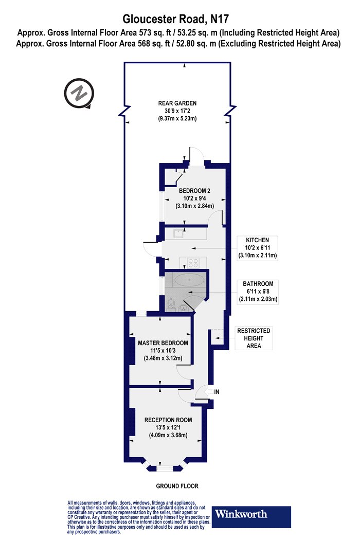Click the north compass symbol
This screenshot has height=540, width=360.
coord(79,93)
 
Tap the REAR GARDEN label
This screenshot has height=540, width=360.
coord(177,103)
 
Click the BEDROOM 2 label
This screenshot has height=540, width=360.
coord(194,191)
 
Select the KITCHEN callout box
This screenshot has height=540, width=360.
coord(257,248)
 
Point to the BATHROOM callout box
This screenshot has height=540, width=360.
coord(258,292)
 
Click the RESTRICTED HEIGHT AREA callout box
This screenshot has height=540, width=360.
coord(254,338)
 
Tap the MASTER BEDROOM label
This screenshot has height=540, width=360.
coord(163,343)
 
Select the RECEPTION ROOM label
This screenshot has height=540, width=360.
coord(168,420)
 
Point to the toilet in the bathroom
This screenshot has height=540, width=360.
coord(171,304)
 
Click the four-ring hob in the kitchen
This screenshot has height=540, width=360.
coord(193,263)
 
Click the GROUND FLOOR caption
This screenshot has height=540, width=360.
coord(177,487)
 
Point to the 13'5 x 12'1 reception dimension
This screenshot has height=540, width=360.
coord(168,427)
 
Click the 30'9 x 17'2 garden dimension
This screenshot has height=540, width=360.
coord(177,111)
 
